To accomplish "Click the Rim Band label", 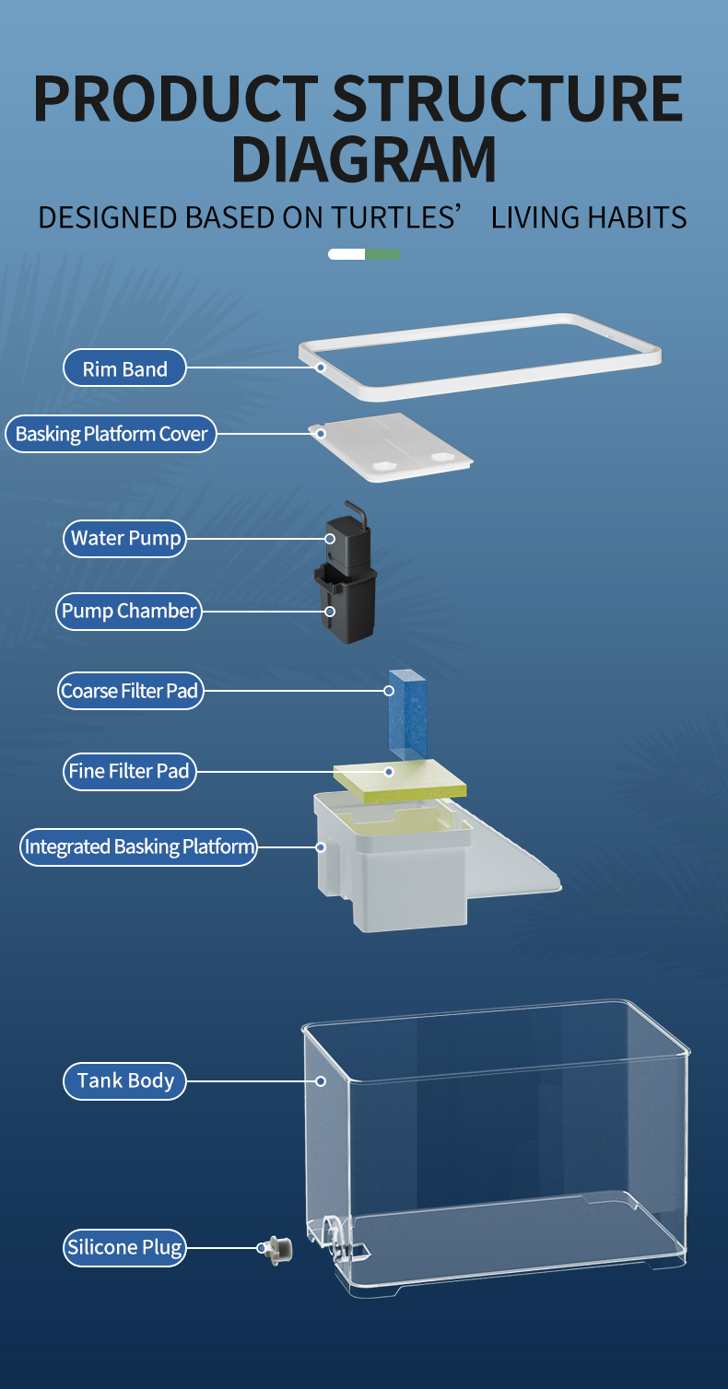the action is pyautogui.click(x=124, y=368).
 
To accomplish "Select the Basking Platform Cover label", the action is pyautogui.click(x=112, y=434).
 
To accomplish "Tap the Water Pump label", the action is pyautogui.click(x=124, y=538).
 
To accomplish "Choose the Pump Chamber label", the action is pyautogui.click(x=129, y=612).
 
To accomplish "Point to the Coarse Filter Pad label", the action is pyautogui.click(x=130, y=691).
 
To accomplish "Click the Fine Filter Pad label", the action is pyautogui.click(x=130, y=771).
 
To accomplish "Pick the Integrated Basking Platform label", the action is pyautogui.click(x=138, y=847).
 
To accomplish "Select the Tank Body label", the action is pyautogui.click(x=124, y=1080).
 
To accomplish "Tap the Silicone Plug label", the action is pyautogui.click(x=124, y=1248).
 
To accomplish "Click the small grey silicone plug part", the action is pyautogui.click(x=276, y=1250).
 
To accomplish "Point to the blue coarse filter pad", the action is pyautogui.click(x=407, y=715).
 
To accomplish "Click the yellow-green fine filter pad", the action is pyautogui.click(x=400, y=779).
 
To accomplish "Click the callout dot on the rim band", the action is pyautogui.click(x=321, y=368).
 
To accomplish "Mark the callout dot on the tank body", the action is pyautogui.click(x=321, y=1081).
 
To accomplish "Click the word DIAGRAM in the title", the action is pyautogui.click(x=364, y=159).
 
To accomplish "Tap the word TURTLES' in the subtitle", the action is pyautogui.click(x=396, y=217).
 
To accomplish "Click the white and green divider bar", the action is pyautogui.click(x=364, y=254).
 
